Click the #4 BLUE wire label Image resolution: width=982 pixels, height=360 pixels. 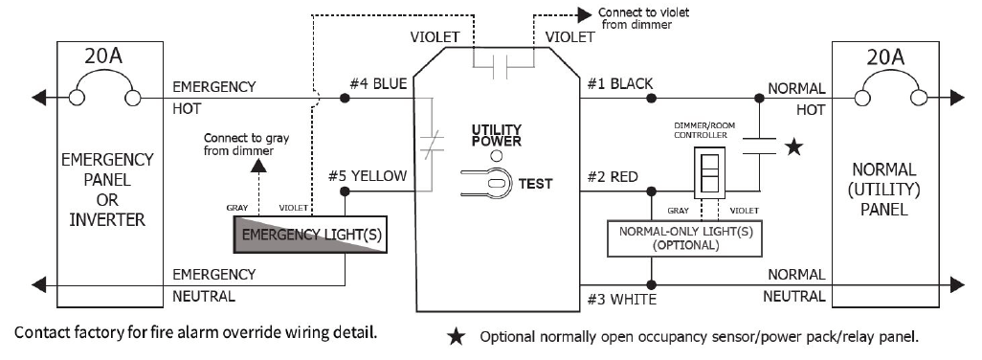[378, 83]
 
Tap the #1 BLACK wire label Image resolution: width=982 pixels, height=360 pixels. [619, 83]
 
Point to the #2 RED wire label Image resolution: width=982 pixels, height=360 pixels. [612, 177]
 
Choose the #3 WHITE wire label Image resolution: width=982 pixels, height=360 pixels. [620, 300]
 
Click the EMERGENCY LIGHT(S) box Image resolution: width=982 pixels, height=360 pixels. [310, 235]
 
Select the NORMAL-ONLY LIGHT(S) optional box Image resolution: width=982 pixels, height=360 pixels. [685, 237]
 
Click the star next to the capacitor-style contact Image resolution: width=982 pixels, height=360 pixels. [794, 147]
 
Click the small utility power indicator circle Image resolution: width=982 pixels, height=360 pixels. [496, 155]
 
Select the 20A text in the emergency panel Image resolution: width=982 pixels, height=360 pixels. [104, 57]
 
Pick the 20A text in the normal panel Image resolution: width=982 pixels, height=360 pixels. [886, 57]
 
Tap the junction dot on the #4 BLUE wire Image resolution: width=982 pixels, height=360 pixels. [345, 99]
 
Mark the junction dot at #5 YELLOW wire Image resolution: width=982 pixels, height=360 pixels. [346, 191]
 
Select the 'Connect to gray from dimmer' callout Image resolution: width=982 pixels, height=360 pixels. [247, 144]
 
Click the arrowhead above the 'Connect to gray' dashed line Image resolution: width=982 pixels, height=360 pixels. [258, 166]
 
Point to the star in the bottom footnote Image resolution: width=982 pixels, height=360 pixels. [457, 337]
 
